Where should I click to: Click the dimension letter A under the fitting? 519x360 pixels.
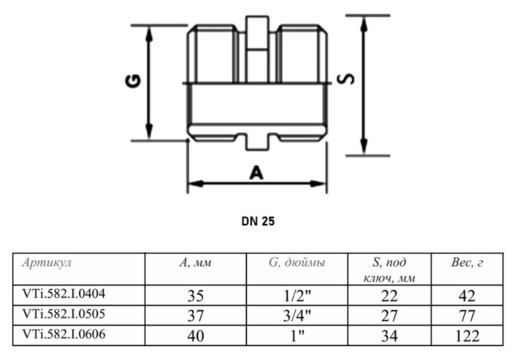pyautogui.click(x=257, y=173)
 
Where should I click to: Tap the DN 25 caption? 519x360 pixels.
pyautogui.click(x=258, y=220)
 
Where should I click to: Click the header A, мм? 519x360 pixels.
pyautogui.click(x=194, y=263)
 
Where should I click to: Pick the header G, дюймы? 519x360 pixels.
pyautogui.click(x=297, y=263)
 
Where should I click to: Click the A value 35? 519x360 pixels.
pyautogui.click(x=195, y=296)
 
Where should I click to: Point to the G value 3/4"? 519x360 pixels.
pyautogui.click(x=297, y=316)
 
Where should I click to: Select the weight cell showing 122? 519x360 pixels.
pyautogui.click(x=466, y=336)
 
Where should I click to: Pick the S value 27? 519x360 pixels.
pyautogui.click(x=389, y=316)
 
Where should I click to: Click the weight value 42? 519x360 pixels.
pyautogui.click(x=466, y=296)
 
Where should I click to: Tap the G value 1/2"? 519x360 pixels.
pyautogui.click(x=297, y=296)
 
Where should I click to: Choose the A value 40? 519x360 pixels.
pyautogui.click(x=195, y=336)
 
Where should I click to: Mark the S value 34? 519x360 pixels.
pyautogui.click(x=389, y=336)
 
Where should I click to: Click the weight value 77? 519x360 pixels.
pyautogui.click(x=466, y=316)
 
